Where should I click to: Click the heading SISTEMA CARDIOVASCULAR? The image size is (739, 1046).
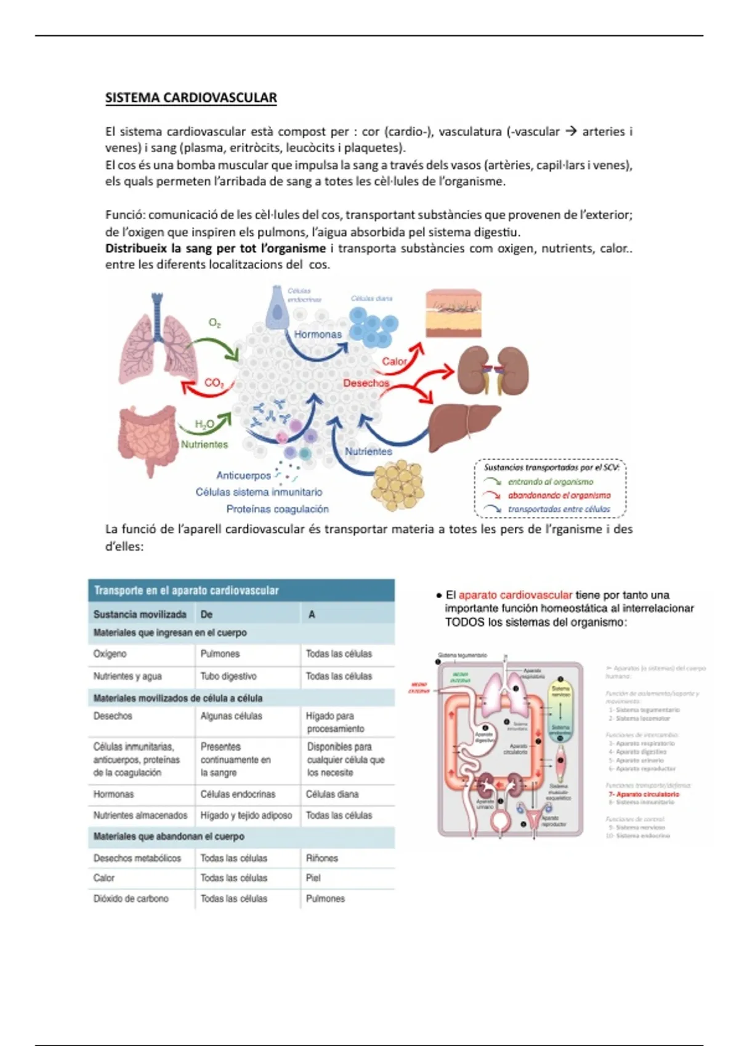191,98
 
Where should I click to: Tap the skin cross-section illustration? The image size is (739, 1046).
453,314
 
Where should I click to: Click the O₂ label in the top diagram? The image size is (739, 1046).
215,323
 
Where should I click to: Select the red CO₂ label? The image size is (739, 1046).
214,383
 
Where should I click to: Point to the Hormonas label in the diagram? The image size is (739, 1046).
317,334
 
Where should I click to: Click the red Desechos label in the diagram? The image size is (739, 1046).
366,383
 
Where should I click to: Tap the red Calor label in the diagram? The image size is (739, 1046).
394,361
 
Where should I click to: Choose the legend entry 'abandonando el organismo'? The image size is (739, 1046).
559,495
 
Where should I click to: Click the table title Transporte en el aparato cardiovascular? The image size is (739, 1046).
186,591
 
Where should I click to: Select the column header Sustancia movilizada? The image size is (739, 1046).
140,614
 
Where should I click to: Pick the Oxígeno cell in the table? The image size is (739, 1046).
110,653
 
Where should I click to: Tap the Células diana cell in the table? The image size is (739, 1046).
332,794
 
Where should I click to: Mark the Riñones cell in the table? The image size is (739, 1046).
322,858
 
